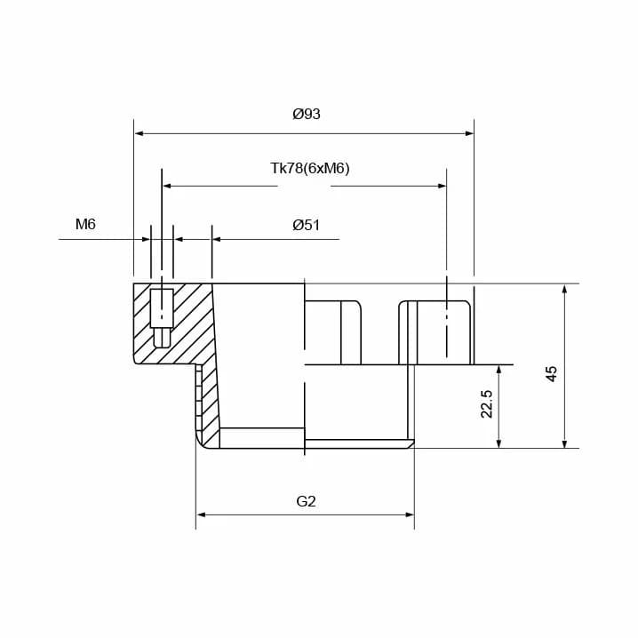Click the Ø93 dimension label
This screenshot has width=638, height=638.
[307, 114]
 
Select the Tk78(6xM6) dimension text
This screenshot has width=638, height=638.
[310, 168]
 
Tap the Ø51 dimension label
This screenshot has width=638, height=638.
[306, 225]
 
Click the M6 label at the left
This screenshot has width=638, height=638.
[85, 224]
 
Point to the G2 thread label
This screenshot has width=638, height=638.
[306, 501]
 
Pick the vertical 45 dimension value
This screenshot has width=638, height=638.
[551, 373]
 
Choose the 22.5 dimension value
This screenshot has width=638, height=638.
[487, 403]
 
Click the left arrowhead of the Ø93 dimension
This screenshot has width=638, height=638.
[139, 133]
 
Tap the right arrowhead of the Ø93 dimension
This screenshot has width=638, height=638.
[469, 133]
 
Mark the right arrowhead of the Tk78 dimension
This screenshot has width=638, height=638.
[442, 186]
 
